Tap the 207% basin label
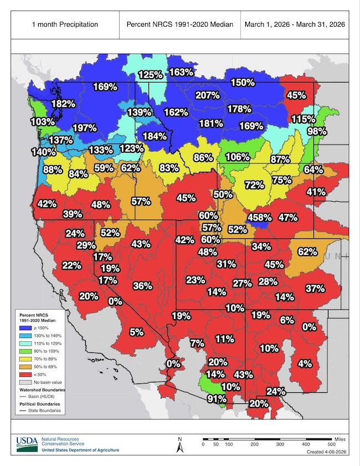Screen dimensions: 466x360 coord(208,95)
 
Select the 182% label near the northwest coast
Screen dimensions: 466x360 coord(63,104)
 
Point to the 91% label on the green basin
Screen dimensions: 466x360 coord(217,398)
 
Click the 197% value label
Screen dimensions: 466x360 coord(85,128)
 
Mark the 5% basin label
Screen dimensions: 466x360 coord(136,332)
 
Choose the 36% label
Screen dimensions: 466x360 coord(142,286)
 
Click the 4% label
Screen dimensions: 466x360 coord(305,364)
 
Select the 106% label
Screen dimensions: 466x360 coord(237,157)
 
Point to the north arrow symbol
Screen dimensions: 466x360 coord(179,444)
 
